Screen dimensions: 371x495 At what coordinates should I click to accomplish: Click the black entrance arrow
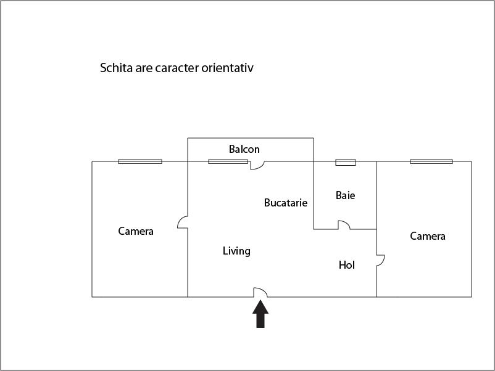coord(260,314)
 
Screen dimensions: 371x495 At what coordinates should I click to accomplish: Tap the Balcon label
coord(244,149)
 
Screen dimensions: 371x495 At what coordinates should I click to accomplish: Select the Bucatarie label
coord(286,202)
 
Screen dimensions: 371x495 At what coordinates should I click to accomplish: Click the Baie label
coord(346,195)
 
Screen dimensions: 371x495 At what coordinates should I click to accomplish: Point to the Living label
coord(236,251)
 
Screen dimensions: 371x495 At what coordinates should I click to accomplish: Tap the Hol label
coord(347,265)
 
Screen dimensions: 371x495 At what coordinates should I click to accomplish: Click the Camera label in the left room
coord(136,231)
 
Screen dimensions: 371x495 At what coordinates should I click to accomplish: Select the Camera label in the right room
coord(428,236)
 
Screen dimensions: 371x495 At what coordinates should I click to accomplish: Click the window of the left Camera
coord(140,161)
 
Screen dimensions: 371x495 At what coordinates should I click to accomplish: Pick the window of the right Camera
coord(431,161)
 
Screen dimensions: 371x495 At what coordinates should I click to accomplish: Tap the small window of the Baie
coord(346,163)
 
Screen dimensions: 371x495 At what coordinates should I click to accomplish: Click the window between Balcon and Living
coord(228,161)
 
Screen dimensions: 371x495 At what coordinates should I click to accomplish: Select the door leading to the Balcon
coord(257,165)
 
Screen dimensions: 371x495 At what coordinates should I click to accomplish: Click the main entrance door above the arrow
coord(260,292)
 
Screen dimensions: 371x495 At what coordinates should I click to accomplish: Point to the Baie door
coord(344,226)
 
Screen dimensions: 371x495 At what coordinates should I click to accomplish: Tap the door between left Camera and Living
coord(183,222)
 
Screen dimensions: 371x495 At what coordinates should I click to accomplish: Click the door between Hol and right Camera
coord(381,261)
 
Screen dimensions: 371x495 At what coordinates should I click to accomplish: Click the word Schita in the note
coord(115,68)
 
